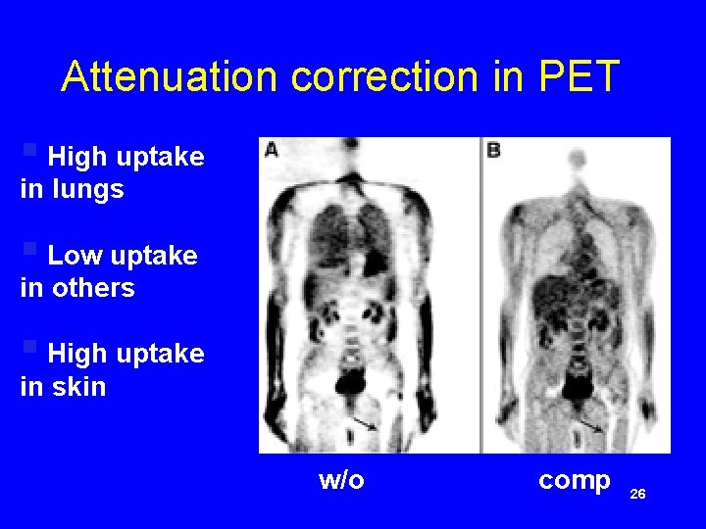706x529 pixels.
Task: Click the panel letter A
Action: point(271,149)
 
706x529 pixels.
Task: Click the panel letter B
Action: point(493,151)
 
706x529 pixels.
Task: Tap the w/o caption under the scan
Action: point(341,480)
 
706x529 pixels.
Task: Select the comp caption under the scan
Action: point(575,480)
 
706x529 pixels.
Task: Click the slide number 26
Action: point(637,495)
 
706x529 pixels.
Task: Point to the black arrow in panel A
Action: point(365,422)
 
